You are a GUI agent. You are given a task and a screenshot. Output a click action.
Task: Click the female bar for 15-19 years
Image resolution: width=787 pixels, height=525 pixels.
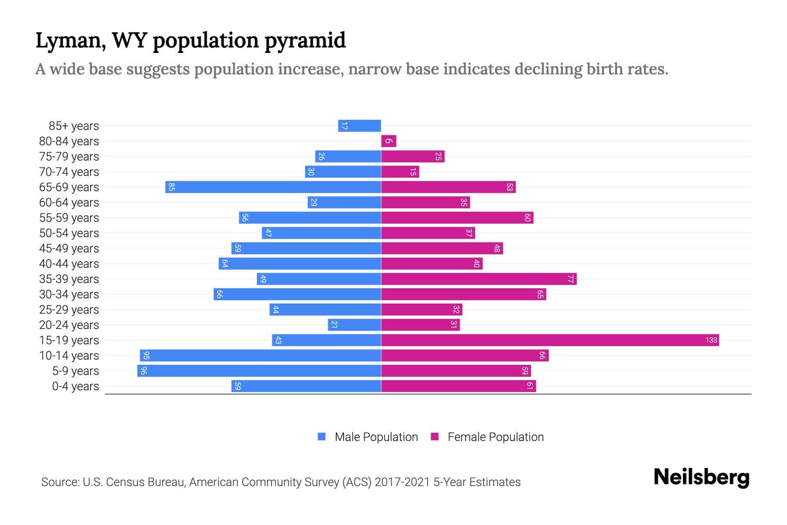[550, 340]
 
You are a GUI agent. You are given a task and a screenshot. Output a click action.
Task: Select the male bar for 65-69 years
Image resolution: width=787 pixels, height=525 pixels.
[273, 187]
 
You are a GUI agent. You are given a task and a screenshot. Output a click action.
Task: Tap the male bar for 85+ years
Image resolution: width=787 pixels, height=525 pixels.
[359, 126]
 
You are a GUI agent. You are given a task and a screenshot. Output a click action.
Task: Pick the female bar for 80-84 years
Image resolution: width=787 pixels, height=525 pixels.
[389, 141]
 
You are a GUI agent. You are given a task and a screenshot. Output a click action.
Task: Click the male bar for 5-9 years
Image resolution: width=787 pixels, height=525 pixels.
[259, 371]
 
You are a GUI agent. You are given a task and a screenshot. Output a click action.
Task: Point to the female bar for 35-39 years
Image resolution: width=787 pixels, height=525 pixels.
[479, 279]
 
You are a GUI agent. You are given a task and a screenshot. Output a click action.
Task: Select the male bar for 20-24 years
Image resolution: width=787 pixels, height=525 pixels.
[355, 325]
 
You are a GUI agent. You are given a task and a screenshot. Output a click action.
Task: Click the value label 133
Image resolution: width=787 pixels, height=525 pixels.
[711, 340]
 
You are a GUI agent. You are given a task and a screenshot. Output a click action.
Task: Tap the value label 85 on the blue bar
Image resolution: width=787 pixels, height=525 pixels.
[172, 187]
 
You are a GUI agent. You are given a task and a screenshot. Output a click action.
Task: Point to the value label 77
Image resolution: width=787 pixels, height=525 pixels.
[570, 279]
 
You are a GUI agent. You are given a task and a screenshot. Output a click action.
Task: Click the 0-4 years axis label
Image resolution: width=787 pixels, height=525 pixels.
[75, 386]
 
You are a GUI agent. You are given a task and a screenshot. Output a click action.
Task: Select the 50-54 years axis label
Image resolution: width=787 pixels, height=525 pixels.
[69, 233]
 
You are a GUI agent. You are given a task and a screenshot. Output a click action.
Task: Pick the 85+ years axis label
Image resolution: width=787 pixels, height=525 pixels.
[74, 126]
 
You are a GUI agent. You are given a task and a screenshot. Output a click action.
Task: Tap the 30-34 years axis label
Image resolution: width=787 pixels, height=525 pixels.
[69, 294]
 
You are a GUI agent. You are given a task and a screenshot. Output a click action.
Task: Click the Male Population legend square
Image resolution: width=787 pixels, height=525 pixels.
[322, 437]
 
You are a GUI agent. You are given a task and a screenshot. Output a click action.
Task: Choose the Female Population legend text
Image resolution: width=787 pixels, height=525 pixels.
[495, 437]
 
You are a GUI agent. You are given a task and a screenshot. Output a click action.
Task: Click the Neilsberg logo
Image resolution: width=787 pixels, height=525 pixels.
[701, 477]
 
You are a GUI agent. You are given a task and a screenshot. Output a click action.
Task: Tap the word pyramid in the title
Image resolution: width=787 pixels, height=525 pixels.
[305, 41]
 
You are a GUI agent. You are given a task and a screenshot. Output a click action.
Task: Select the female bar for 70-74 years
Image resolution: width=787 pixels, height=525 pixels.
[400, 171]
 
